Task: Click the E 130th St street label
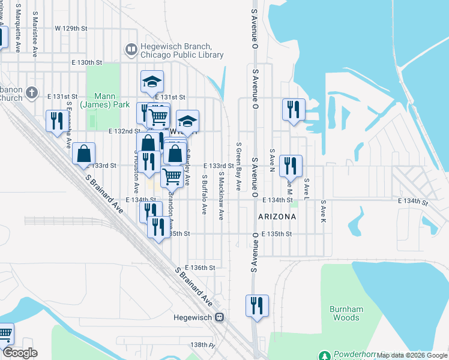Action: [86, 62]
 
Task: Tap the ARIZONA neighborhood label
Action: [277, 216]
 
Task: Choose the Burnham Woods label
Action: [346, 313]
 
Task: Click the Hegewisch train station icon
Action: [220, 317]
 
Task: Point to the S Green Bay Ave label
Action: [238, 166]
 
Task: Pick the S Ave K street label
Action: [322, 213]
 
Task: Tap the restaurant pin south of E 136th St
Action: [256, 305]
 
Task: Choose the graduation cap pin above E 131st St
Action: [152, 81]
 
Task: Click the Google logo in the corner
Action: [20, 353]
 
